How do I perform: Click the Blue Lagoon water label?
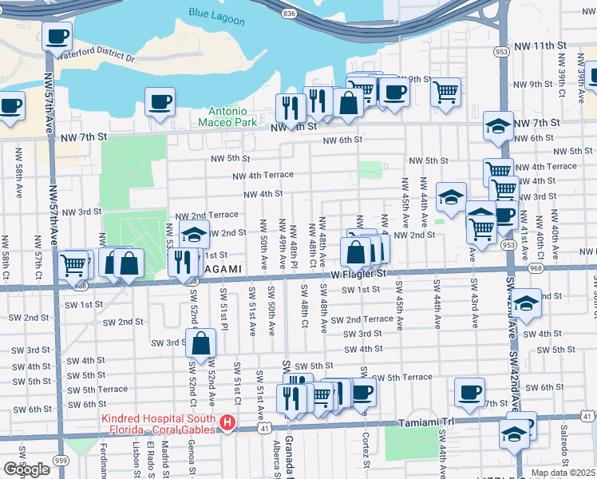pyautogui.click(x=216, y=13)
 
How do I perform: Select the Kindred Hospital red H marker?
pyautogui.click(x=228, y=422)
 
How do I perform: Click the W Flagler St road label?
pyautogui.click(x=354, y=274)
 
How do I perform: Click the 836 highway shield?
pyautogui.click(x=288, y=14)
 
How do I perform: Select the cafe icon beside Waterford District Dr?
pyautogui.click(x=57, y=36)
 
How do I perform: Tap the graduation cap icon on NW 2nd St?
pyautogui.click(x=192, y=234)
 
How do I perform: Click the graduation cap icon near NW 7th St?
pyautogui.click(x=499, y=126)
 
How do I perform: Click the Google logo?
pyautogui.click(x=26, y=469)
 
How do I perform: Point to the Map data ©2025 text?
pyautogui.click(x=563, y=473)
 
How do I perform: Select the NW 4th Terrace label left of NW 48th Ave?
pyautogui.click(x=263, y=176)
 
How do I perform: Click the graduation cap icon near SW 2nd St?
pyautogui.click(x=526, y=304)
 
